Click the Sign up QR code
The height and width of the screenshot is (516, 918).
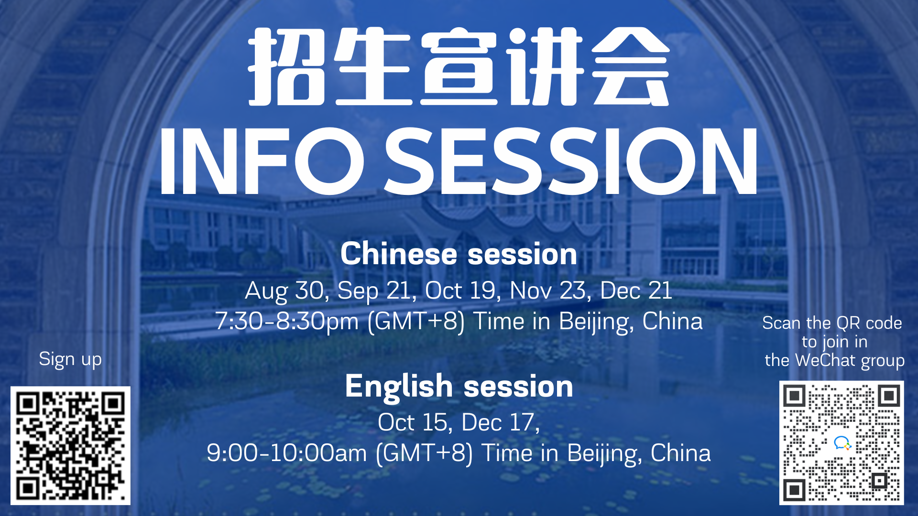point(70,445)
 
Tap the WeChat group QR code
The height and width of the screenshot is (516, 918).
point(841,443)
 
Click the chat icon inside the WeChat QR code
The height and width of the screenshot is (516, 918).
point(842,443)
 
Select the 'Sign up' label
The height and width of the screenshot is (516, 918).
point(70,360)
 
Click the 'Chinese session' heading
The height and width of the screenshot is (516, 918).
point(459,254)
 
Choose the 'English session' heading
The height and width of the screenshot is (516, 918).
point(459,386)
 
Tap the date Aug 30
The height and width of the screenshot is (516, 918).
point(287,291)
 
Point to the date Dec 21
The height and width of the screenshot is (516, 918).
point(636,290)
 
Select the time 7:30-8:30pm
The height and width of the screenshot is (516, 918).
point(287,321)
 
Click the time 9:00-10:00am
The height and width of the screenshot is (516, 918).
point(287,453)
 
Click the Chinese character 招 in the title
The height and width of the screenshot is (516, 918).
point(287,66)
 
